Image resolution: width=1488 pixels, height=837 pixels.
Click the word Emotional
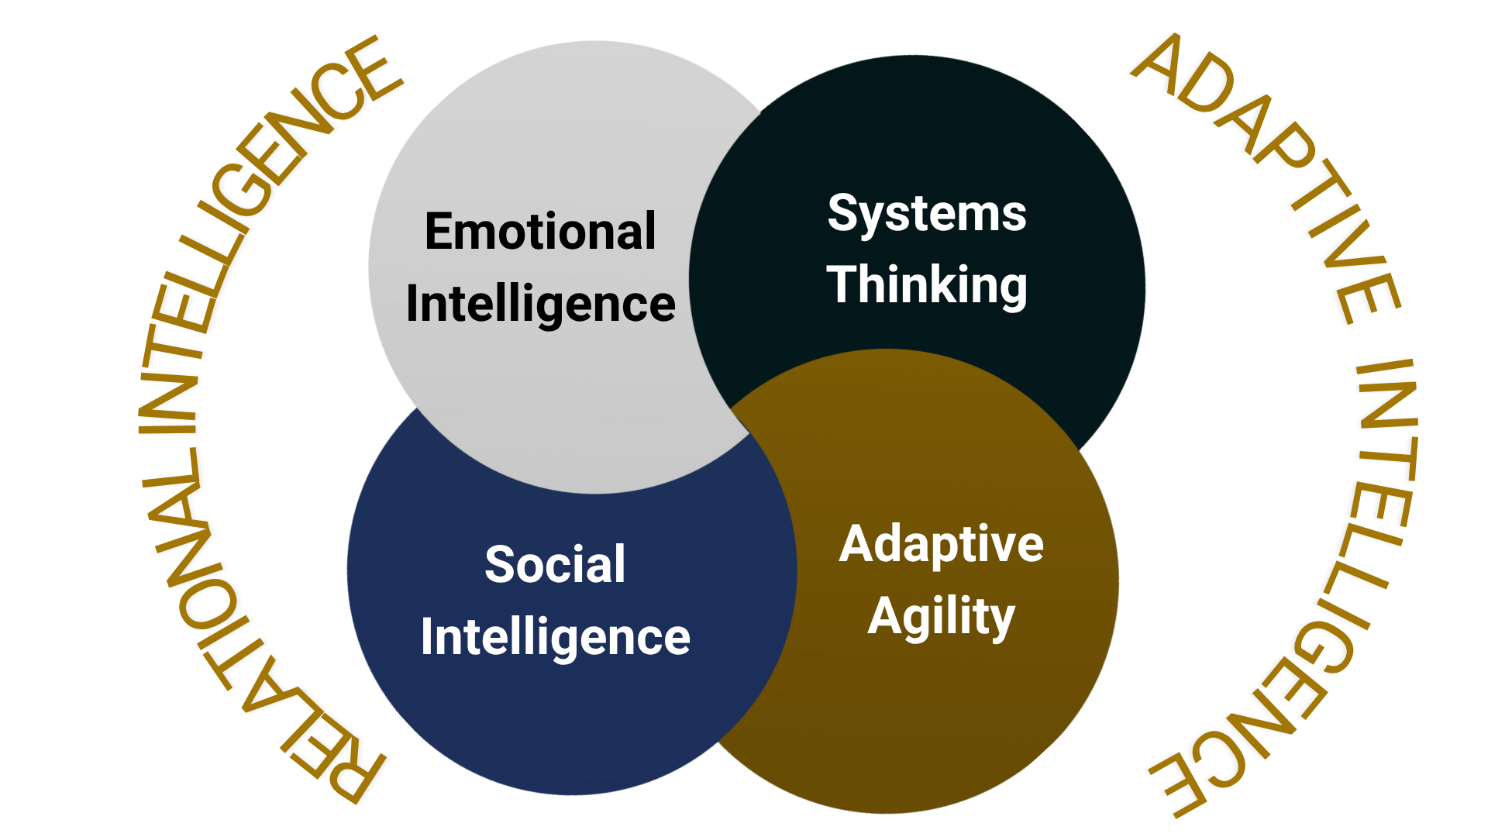[540, 231]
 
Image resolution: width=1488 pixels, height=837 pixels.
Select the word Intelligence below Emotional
[540, 304]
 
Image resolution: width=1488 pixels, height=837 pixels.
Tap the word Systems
[927, 213]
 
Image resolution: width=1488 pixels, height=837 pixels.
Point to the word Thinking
[927, 285]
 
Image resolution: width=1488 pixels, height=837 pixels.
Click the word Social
[555, 563]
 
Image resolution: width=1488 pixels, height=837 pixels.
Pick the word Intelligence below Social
[555, 637]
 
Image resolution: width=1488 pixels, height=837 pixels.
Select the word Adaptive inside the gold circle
[941, 544]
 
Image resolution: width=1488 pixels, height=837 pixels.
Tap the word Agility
[941, 618]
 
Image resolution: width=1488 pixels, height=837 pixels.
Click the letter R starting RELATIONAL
[353, 775]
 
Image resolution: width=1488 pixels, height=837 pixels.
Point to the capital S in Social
[499, 563]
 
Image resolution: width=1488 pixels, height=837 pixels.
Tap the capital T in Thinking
[843, 284]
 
